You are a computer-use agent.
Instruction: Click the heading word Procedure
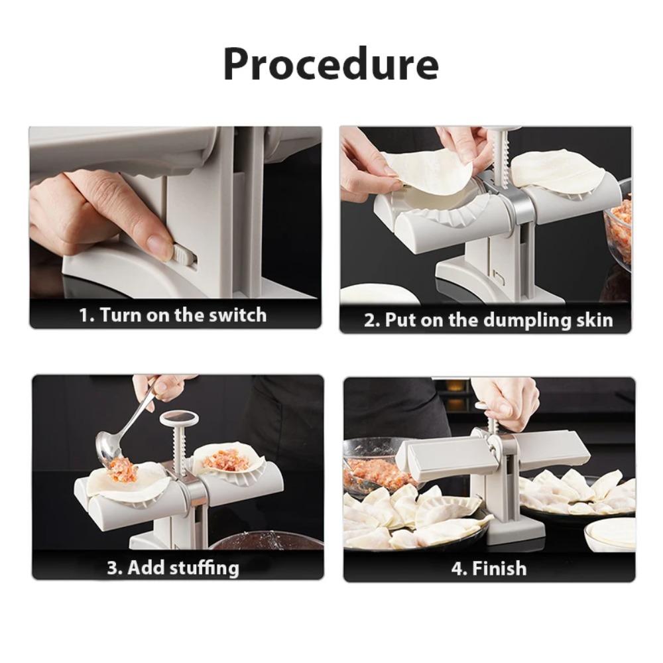330,64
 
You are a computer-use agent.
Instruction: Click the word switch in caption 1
237,315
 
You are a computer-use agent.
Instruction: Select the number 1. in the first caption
88,315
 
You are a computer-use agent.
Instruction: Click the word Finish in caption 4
499,569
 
